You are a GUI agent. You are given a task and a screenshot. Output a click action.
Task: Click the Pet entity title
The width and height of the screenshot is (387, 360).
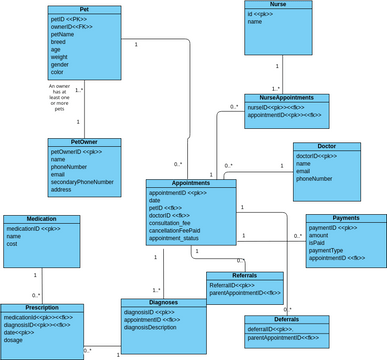pos(84,9)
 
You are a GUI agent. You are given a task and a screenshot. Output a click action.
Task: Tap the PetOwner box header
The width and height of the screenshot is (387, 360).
pos(84,142)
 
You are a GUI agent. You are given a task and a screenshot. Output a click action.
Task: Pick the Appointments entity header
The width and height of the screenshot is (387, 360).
pos(190,183)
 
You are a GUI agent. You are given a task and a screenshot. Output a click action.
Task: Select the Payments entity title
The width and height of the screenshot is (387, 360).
pos(346,218)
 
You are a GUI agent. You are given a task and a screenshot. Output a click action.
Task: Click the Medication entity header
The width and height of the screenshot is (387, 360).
pos(41,219)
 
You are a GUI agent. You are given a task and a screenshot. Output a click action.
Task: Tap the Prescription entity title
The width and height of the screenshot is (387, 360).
pos(41,307)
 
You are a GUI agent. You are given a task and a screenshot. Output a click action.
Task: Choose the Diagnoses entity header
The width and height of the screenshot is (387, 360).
pos(164,302)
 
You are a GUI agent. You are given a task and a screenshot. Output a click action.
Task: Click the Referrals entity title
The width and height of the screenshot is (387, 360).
pos(244,276)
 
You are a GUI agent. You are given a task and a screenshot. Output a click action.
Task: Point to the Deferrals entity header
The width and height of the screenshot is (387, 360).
pos(287,319)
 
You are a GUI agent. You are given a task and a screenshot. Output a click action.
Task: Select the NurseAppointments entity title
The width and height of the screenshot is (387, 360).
pos(286,98)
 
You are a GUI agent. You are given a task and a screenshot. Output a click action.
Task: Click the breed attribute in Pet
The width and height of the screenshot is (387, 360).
pos(59,41)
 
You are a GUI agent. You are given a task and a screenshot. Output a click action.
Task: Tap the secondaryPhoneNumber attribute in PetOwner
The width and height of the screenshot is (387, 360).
pos(82,182)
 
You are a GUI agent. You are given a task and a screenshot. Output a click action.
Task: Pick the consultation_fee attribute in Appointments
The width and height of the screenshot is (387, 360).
pos(177,222)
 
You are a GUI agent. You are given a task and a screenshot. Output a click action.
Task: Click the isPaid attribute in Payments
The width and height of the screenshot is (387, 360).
pos(318,242)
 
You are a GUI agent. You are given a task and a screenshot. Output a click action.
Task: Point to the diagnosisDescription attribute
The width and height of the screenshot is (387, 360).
pos(158,327)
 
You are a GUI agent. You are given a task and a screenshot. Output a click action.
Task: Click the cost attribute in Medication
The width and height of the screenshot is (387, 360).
pos(13,244)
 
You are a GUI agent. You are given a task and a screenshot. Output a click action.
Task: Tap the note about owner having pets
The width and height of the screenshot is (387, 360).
pos(59,97)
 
